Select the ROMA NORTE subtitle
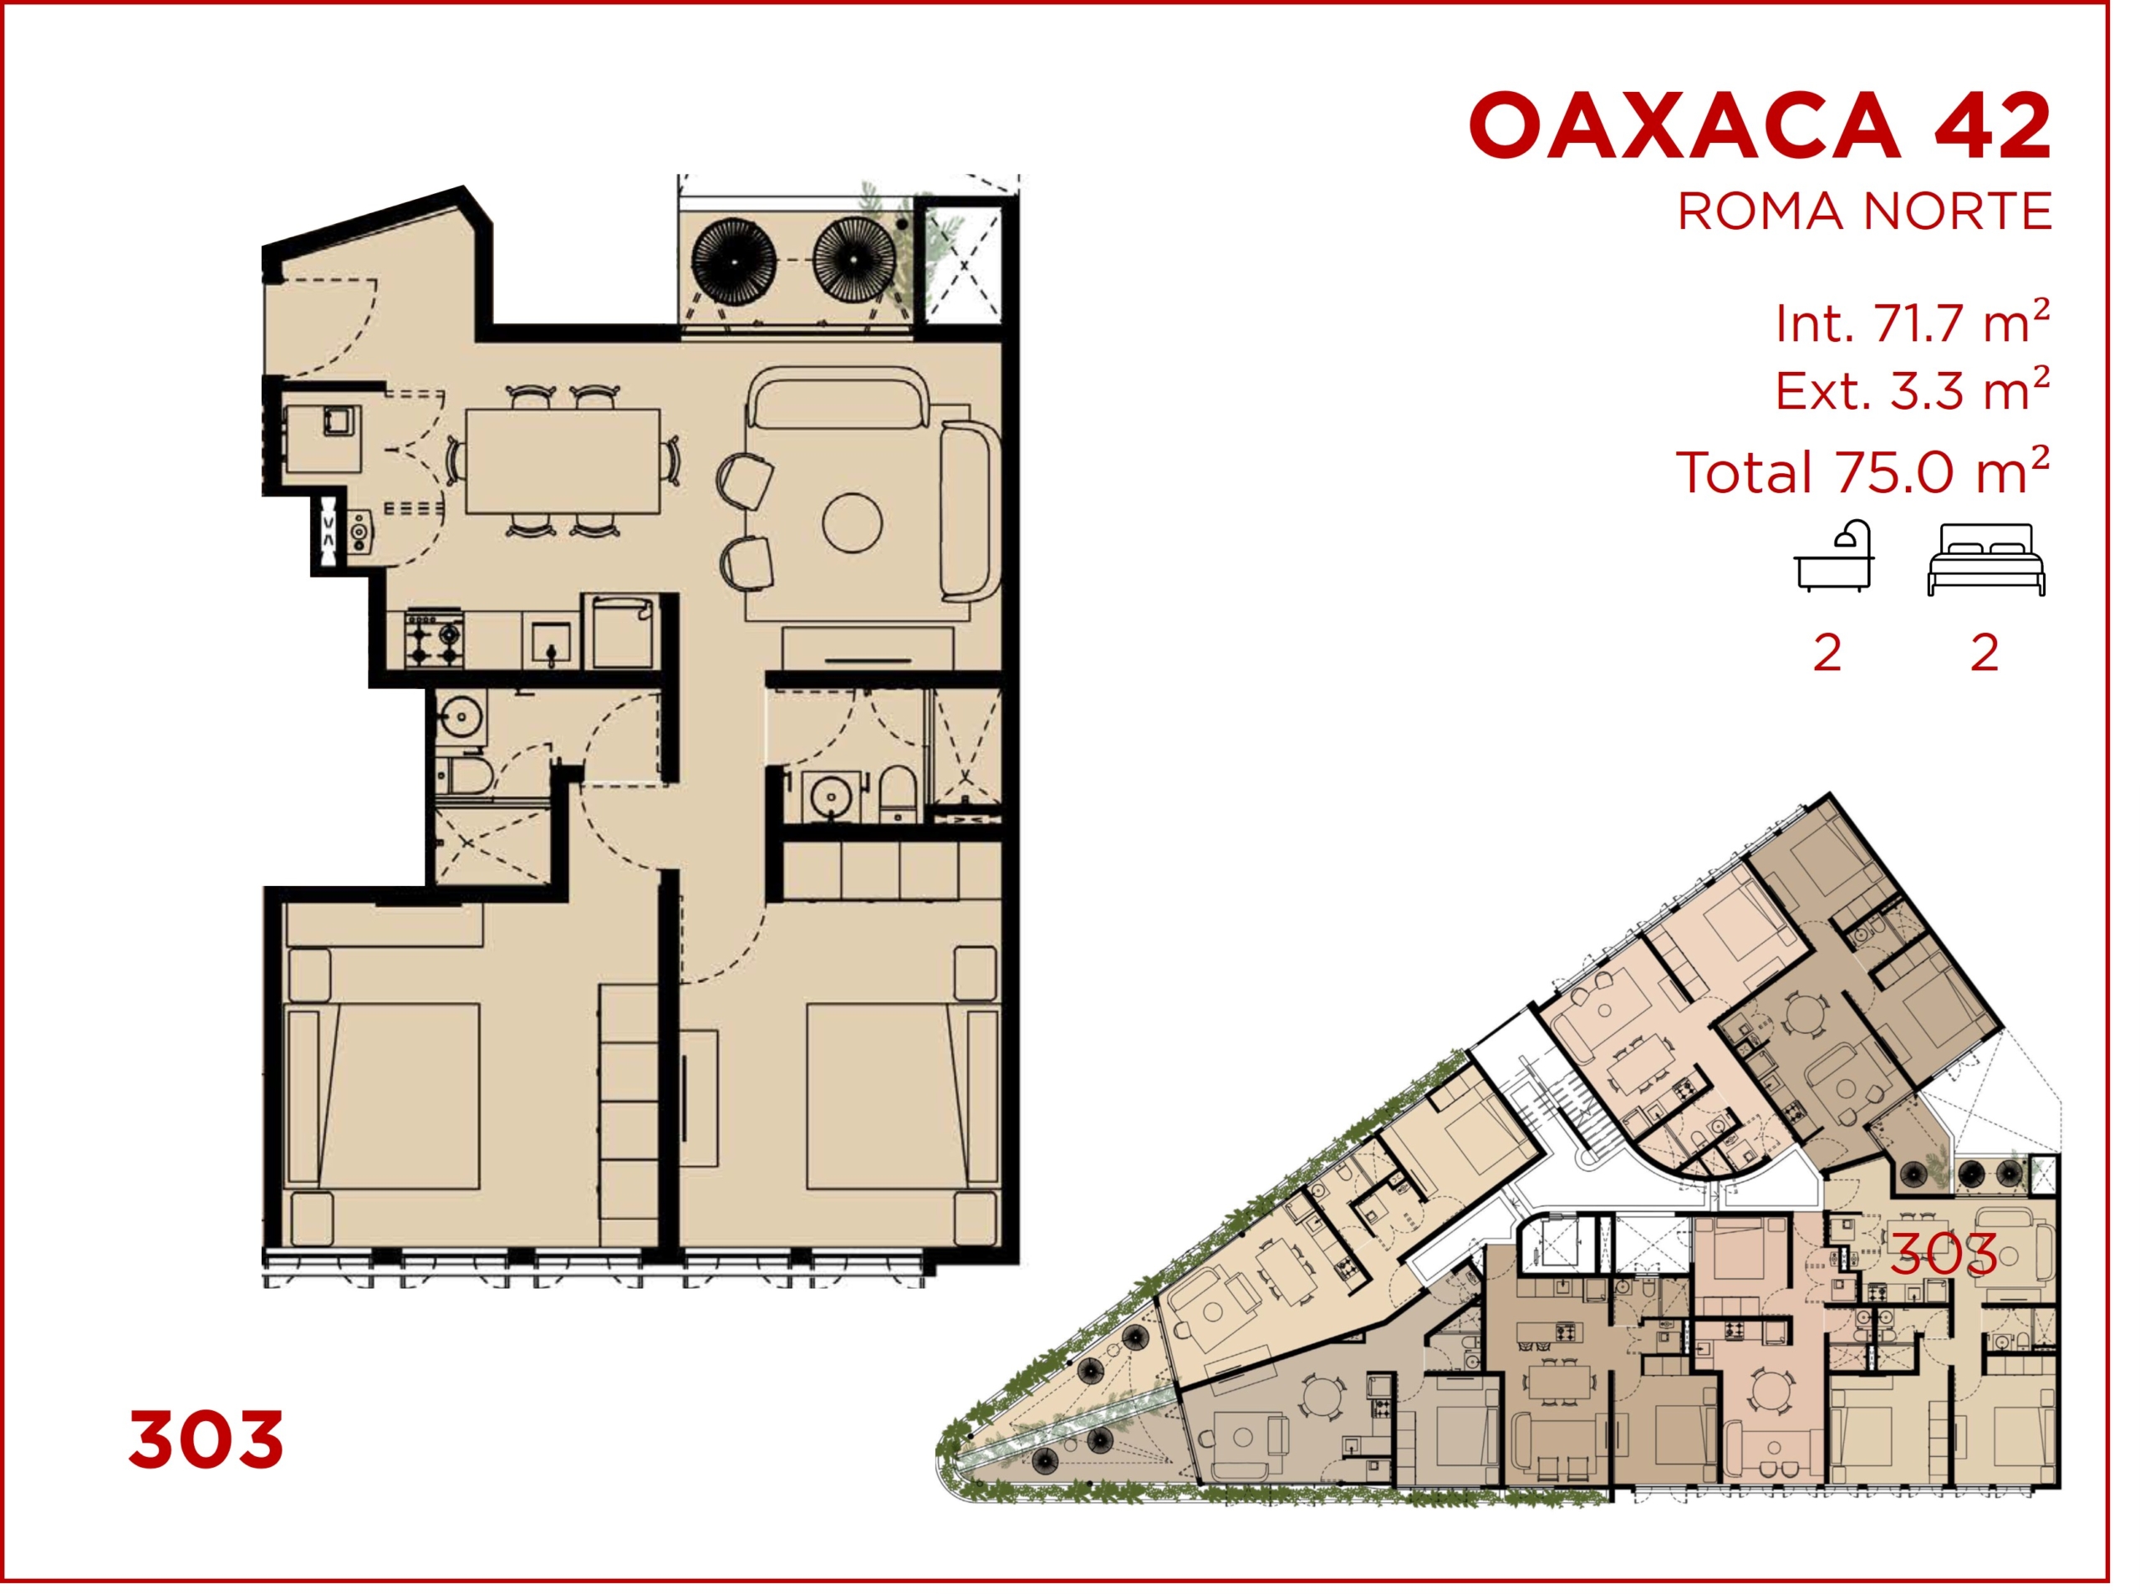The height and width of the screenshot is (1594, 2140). [x=1864, y=211]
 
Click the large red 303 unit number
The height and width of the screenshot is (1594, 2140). [x=206, y=1439]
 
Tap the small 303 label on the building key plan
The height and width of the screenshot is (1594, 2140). [x=1944, y=1254]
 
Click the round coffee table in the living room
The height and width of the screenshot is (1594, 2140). [x=852, y=522]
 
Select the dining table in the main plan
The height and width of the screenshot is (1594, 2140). [x=563, y=461]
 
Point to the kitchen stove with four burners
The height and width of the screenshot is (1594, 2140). [x=434, y=639]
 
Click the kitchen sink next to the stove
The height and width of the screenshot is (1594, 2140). [x=551, y=643]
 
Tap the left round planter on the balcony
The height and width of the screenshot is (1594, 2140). [x=733, y=260]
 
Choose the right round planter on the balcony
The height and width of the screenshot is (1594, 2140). [x=853, y=260]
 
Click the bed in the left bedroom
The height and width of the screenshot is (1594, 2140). [x=383, y=1095]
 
